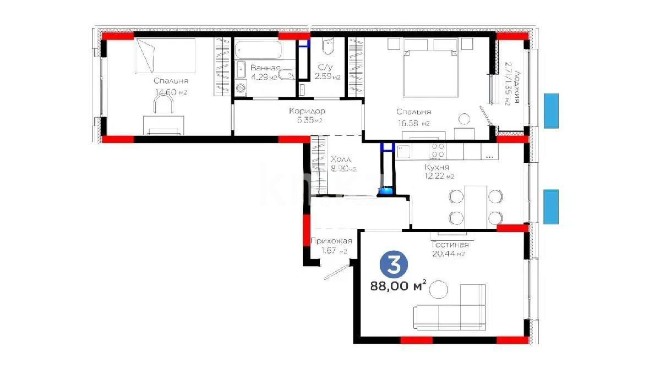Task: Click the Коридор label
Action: tap(307, 111)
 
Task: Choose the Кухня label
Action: tap(437, 167)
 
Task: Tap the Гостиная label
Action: tap(450, 245)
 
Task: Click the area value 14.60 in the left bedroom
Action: tap(167, 92)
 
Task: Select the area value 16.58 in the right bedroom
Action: tap(408, 124)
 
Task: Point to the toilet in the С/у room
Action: tap(326, 48)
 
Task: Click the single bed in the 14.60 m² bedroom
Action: tap(165, 55)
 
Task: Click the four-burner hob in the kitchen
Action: tap(438, 150)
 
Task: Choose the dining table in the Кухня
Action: tap(476, 206)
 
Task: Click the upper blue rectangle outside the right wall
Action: tap(551, 111)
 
